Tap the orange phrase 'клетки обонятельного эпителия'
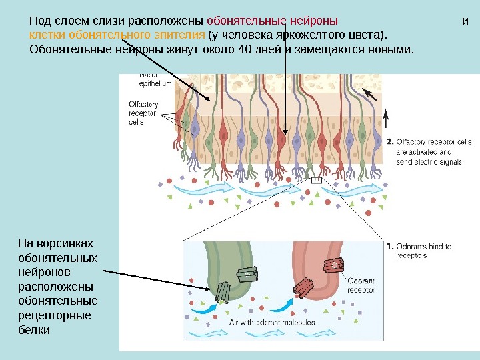pyautogui.click(x=117, y=35)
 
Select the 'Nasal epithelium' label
pyautogui.click(x=155, y=79)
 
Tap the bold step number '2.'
pyautogui.click(x=390, y=141)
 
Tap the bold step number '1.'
pyautogui.click(x=390, y=247)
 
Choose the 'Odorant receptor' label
pyautogui.click(x=361, y=285)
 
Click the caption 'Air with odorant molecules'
pyautogui.click(x=273, y=323)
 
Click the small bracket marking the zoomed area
pyautogui.click(x=316, y=180)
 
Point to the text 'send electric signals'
pyautogui.click(x=429, y=161)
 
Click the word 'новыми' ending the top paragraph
pyautogui.click(x=387, y=49)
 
